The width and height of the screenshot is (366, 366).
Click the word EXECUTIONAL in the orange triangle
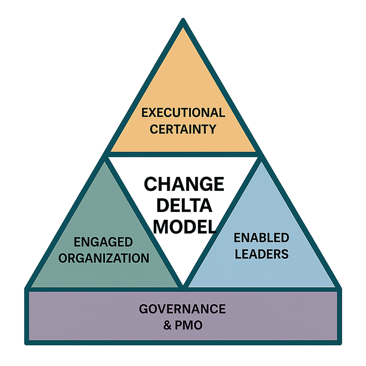[183, 113]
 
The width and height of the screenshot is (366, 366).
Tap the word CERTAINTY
[183, 129]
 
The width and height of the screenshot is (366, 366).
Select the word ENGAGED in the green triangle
[103, 242]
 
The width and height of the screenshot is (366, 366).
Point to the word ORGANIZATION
[104, 258]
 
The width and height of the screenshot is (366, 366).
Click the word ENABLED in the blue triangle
[262, 237]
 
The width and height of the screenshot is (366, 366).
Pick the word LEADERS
[262, 253]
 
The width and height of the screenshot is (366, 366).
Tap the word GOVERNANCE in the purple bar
[182, 309]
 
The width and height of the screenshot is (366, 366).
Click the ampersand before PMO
[167, 325]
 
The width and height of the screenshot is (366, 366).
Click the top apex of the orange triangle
[183, 28]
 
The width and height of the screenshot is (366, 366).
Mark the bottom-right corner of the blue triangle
[335, 287]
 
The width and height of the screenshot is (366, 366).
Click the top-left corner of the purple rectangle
[29, 292]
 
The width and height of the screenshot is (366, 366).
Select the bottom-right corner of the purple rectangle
[337, 340]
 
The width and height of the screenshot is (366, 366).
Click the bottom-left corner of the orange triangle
[110, 152]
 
